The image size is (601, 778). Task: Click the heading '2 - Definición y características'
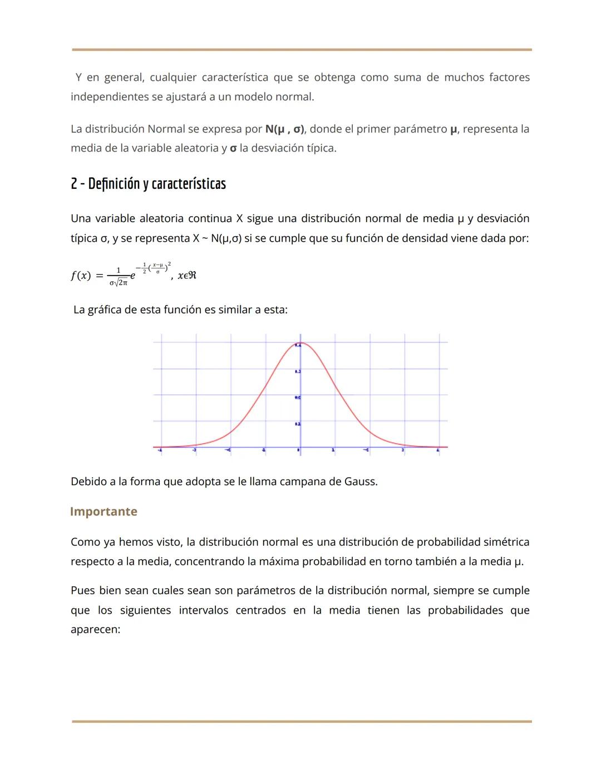point(148,183)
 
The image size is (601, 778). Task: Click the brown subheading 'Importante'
point(104,511)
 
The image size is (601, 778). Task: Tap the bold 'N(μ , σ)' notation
point(284,129)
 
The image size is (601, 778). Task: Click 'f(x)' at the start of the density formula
point(81,276)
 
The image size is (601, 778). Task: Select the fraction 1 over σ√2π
point(118,277)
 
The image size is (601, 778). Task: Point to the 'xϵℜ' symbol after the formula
point(187,275)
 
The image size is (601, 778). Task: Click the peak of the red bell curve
point(300,343)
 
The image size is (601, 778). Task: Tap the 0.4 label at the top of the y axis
point(298,346)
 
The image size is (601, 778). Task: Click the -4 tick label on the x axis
point(160,449)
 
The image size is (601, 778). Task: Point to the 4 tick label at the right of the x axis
point(438,449)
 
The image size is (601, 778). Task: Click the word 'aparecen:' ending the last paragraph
point(95,629)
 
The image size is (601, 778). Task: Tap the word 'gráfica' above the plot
point(105,309)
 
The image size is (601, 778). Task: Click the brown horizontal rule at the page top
point(302,50)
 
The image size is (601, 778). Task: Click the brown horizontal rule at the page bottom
point(302,721)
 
